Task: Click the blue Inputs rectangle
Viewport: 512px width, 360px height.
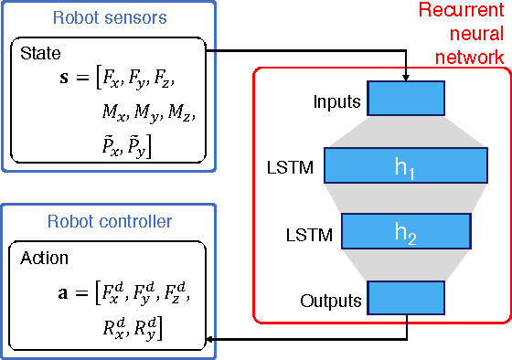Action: tap(405, 97)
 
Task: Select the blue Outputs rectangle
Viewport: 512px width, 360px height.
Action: tap(405, 298)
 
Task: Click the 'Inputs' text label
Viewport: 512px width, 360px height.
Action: tap(337, 102)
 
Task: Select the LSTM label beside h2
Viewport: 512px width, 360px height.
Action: tap(308, 232)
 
